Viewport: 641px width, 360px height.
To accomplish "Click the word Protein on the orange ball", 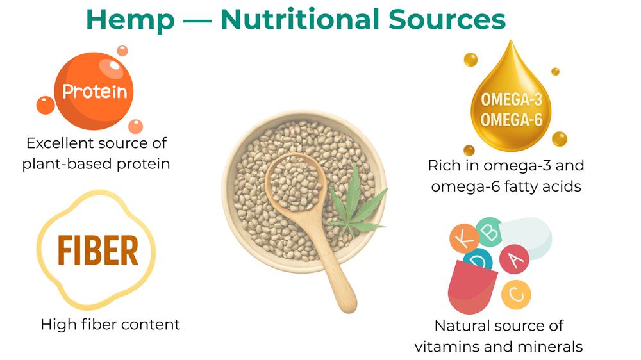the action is point(94,92).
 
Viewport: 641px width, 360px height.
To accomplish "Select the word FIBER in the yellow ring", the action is point(98,250).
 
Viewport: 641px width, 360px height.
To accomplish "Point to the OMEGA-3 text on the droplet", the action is point(512,99).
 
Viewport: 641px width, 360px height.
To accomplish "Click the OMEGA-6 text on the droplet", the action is point(512,120).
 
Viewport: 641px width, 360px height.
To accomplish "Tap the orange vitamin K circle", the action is point(464,238).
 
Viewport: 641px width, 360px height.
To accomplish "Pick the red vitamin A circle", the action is point(514,259).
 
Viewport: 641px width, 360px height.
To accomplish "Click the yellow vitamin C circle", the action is point(516,294).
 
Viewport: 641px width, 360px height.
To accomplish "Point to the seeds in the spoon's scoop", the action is point(296,182).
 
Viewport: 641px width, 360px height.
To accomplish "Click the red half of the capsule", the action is point(471,287).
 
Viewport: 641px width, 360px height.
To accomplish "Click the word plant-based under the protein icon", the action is point(67,164).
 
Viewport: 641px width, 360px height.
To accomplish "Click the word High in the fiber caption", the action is point(59,325).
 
